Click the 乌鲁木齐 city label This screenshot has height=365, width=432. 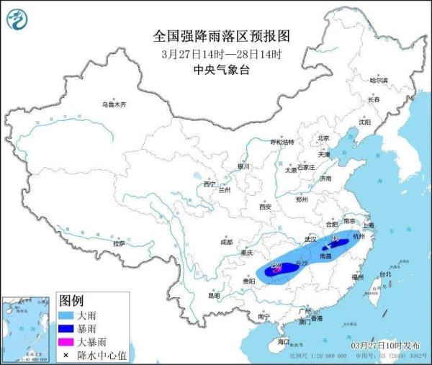(x=113, y=104)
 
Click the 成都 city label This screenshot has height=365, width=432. (x=227, y=242)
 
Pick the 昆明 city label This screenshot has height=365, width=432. (x=214, y=295)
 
